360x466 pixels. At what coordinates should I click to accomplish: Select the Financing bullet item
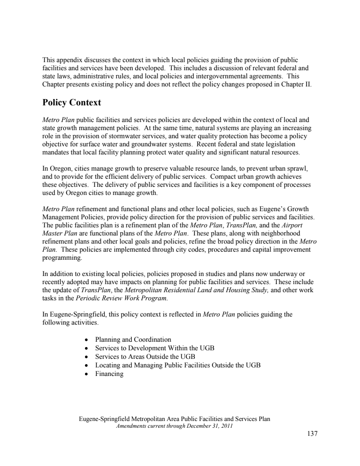109,374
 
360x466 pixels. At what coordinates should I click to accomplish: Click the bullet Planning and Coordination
133,339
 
